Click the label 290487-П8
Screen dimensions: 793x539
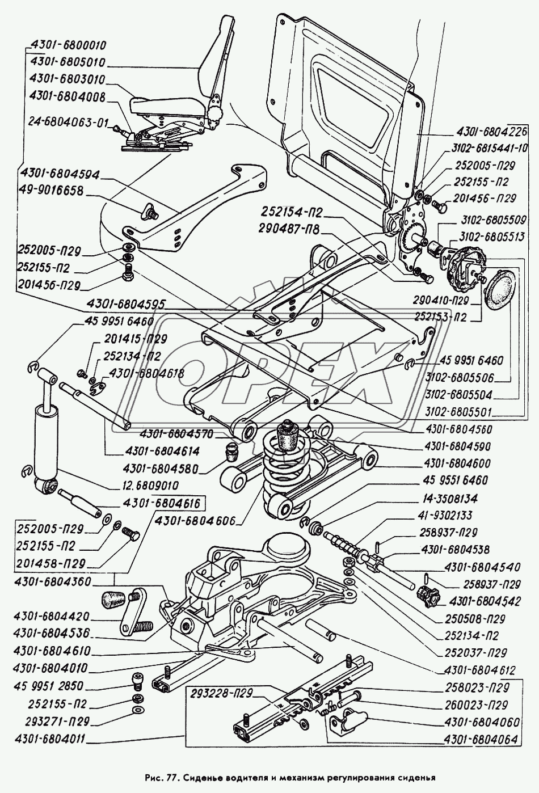pos(289,230)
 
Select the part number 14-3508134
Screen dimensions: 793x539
pos(449,499)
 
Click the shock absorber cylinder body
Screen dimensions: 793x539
pos(44,437)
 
